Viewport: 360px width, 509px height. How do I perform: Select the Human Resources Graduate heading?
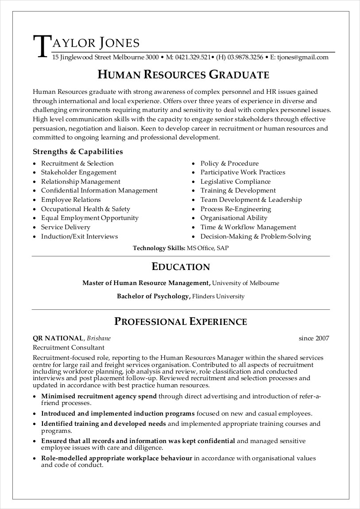[x=183, y=74]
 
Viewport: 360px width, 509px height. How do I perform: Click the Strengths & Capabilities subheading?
[x=78, y=152]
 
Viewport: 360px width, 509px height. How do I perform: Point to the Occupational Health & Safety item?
[x=85, y=209]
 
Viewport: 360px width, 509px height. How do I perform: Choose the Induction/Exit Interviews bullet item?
[x=79, y=236]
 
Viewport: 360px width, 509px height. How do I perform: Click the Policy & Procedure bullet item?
[x=229, y=163]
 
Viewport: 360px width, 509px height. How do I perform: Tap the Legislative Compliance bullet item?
[x=235, y=181]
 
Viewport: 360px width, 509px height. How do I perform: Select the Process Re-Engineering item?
[x=236, y=209]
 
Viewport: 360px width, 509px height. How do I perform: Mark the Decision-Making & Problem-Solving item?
[x=255, y=236]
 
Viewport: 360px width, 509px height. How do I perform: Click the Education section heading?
[x=181, y=267]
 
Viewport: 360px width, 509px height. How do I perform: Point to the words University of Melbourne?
[x=246, y=283]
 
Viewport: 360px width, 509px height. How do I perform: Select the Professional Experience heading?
[x=181, y=321]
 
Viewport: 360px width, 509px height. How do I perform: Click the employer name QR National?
[x=58, y=339]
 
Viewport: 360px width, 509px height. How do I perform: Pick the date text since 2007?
[x=314, y=339]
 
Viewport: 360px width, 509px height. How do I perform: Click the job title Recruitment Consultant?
[x=69, y=347]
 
